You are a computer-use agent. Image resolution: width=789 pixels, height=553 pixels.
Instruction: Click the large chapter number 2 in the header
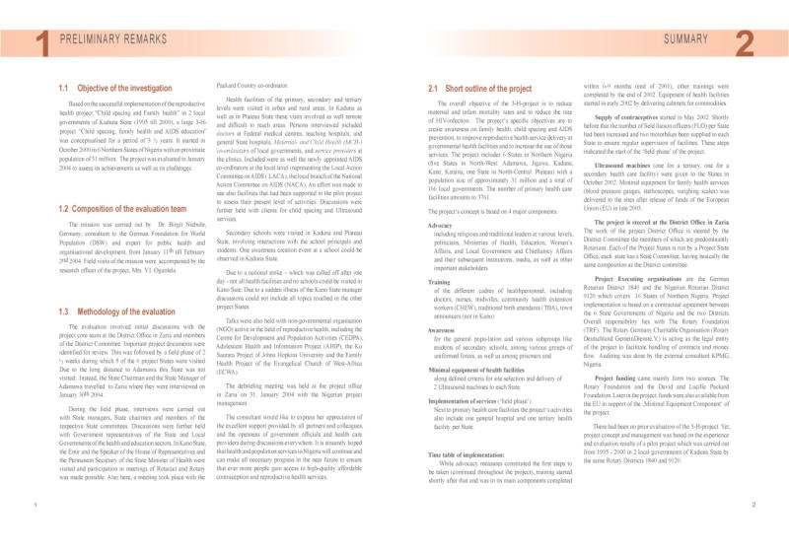tap(746, 41)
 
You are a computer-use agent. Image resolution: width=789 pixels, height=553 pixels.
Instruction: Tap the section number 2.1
tap(435, 88)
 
